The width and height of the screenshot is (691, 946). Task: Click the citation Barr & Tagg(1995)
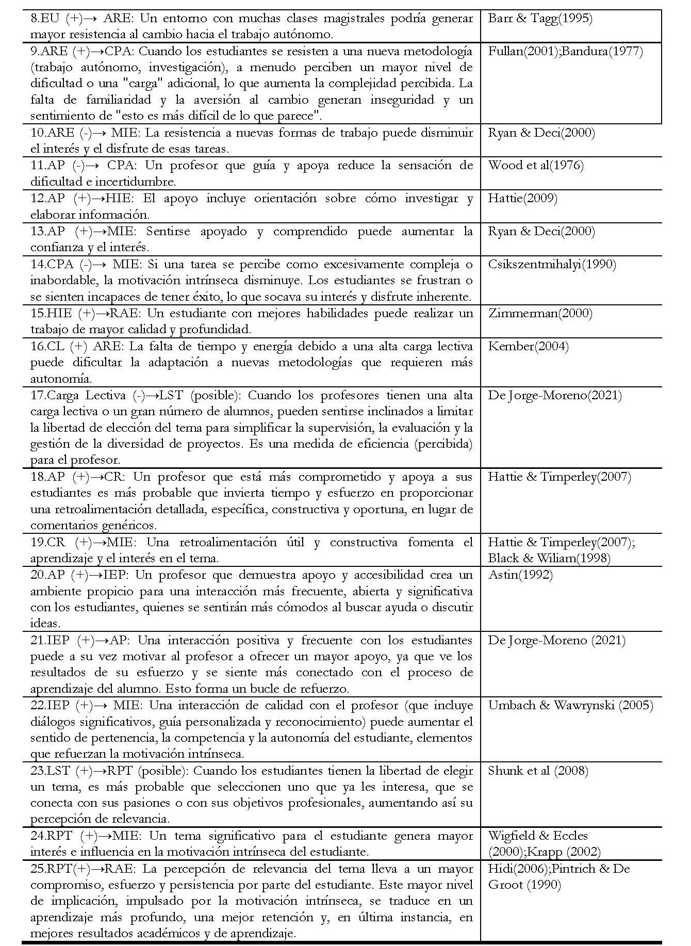[x=540, y=19]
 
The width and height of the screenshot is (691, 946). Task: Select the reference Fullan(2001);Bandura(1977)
[x=565, y=52]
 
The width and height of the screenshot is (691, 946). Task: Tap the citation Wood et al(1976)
[x=536, y=166]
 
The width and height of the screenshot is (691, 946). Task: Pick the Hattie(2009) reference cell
[x=522, y=199]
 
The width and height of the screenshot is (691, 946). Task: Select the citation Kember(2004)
[x=528, y=346]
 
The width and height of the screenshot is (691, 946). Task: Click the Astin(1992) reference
[x=520, y=575]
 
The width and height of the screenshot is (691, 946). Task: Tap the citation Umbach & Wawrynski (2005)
[x=570, y=706]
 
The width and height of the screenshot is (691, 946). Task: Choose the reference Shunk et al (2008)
[x=538, y=771]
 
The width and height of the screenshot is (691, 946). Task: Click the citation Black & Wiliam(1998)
[x=549, y=558]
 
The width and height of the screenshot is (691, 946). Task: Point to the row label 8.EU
[x=46, y=19]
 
